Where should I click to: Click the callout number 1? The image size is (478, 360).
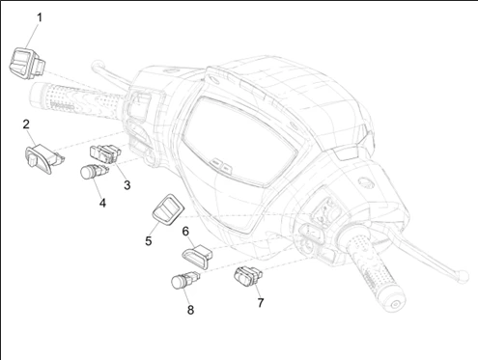[40, 17]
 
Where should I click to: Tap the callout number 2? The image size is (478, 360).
[26, 125]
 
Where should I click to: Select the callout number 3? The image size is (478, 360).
[127, 185]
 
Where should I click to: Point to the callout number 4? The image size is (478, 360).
[102, 203]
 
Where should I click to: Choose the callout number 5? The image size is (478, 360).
[148, 241]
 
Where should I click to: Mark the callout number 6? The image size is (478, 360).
[185, 232]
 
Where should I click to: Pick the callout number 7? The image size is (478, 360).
[261, 303]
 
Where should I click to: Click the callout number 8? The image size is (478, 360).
[190, 310]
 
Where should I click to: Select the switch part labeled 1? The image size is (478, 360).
[27, 63]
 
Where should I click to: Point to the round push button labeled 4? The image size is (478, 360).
[93, 172]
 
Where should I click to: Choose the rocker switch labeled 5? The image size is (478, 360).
[168, 209]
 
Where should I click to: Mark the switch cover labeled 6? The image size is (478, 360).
[197, 256]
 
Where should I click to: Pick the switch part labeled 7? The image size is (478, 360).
[247, 276]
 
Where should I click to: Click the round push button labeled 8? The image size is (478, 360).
[185, 280]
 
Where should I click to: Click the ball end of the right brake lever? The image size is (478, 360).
[463, 276]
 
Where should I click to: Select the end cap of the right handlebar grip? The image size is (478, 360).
[396, 304]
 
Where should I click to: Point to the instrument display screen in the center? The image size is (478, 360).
[239, 142]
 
